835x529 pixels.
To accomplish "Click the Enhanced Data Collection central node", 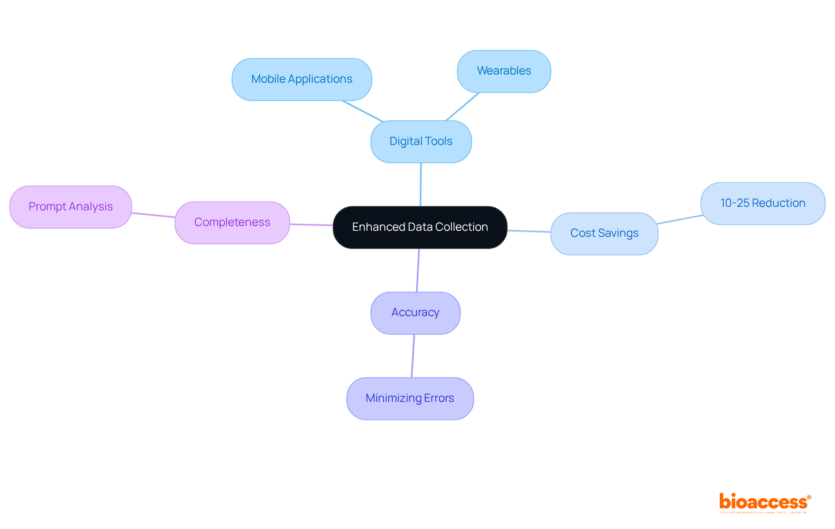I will [420, 227].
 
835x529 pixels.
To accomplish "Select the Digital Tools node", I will [421, 142].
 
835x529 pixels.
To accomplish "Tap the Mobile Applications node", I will [301, 79].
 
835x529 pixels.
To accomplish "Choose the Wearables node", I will [504, 71].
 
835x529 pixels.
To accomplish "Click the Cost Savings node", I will [604, 233].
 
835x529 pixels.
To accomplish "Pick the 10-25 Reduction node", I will [762, 203].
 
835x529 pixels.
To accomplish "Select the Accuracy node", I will [415, 313].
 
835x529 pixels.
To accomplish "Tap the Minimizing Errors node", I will [410, 398].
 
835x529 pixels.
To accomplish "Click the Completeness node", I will [232, 222].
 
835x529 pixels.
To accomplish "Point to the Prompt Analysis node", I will [70, 207].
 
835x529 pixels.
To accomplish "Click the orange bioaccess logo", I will [763, 502].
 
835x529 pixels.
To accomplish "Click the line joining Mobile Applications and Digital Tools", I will [362, 111].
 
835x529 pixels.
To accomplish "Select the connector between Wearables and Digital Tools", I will [462, 106].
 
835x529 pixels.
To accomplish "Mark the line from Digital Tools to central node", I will [421, 185].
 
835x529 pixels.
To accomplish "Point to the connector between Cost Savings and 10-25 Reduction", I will [679, 219].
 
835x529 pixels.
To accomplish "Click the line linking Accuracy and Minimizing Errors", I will [413, 356].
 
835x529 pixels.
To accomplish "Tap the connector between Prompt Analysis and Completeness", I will [153, 215].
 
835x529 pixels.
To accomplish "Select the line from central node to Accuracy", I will [417, 270].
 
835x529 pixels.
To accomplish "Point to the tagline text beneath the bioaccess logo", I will [763, 512].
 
